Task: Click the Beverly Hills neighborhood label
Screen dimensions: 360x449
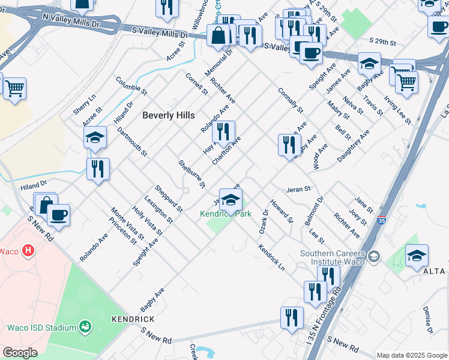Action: click(x=168, y=115)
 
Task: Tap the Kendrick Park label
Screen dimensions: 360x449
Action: click(x=226, y=214)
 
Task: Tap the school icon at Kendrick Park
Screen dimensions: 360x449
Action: click(x=231, y=200)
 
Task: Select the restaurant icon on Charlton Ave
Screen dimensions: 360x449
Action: click(x=223, y=133)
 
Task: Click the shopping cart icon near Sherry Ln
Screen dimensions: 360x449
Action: click(x=14, y=88)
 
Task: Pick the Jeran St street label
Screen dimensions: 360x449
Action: click(x=298, y=188)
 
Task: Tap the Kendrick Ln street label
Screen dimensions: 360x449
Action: click(x=271, y=257)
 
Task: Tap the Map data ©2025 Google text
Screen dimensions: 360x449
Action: click(x=411, y=355)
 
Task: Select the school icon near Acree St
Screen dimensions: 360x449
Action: click(x=95, y=138)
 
